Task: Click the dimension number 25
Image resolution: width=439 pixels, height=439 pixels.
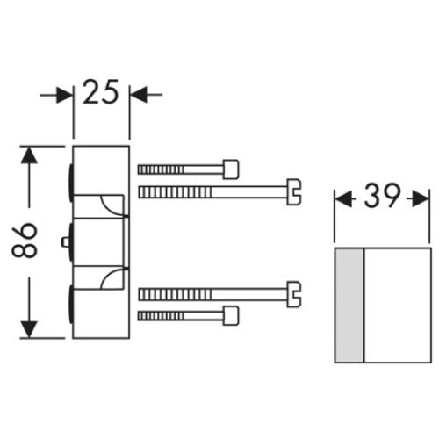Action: (x=100, y=91)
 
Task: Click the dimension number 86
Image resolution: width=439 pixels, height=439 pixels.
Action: (x=25, y=240)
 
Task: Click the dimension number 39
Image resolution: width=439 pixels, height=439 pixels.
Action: (x=382, y=196)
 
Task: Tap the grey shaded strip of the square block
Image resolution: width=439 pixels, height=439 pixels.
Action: (x=349, y=306)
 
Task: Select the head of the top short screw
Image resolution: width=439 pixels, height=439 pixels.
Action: (x=231, y=169)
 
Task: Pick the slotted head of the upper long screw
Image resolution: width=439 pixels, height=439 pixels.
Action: (x=293, y=192)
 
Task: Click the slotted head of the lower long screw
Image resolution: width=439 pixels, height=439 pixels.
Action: (x=293, y=294)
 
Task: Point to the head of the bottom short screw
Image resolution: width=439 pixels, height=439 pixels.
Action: (x=231, y=316)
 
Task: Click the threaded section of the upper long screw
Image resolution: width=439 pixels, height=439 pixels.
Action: (x=175, y=192)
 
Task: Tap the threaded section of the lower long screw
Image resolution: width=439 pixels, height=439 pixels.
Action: (x=175, y=294)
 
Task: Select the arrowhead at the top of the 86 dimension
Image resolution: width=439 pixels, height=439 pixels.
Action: (x=29, y=155)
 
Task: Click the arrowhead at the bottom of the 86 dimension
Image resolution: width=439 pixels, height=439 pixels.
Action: (x=29, y=329)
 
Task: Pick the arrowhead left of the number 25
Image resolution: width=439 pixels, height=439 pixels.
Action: (x=64, y=95)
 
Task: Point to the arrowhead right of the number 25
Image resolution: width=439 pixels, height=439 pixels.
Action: (x=138, y=95)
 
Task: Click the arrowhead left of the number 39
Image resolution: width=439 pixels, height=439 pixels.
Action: (x=343, y=199)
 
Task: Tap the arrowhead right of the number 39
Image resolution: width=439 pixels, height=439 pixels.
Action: (x=421, y=199)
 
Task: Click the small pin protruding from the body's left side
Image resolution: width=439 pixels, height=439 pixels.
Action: (x=65, y=241)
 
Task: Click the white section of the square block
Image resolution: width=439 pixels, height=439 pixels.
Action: (x=397, y=306)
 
